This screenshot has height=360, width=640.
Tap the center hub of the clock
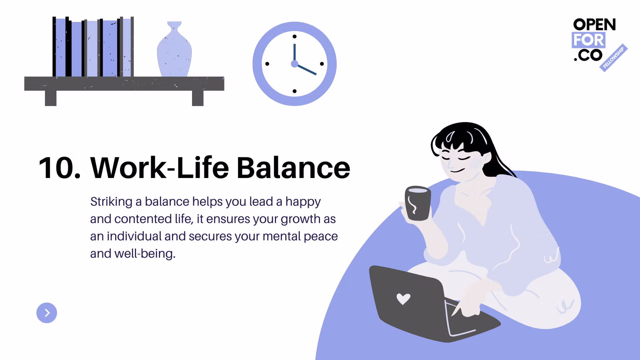(x=294, y=64)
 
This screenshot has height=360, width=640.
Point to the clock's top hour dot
(x=294, y=36)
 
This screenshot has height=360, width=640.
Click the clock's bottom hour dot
(x=294, y=91)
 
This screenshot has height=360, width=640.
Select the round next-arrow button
(x=46, y=313)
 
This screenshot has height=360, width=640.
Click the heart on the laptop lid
(x=404, y=299)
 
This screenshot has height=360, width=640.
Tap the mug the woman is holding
(x=418, y=203)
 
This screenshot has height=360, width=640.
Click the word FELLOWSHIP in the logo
(x=613, y=58)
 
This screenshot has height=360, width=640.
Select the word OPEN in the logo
(x=594, y=24)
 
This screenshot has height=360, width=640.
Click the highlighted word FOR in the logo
(x=588, y=40)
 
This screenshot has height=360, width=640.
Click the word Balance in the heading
(x=294, y=168)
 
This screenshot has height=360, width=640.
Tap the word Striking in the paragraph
(x=112, y=202)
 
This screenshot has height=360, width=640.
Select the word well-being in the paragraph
(x=145, y=254)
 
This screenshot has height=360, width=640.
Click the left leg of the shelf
(x=50, y=98)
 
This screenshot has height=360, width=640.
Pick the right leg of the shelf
(x=198, y=98)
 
